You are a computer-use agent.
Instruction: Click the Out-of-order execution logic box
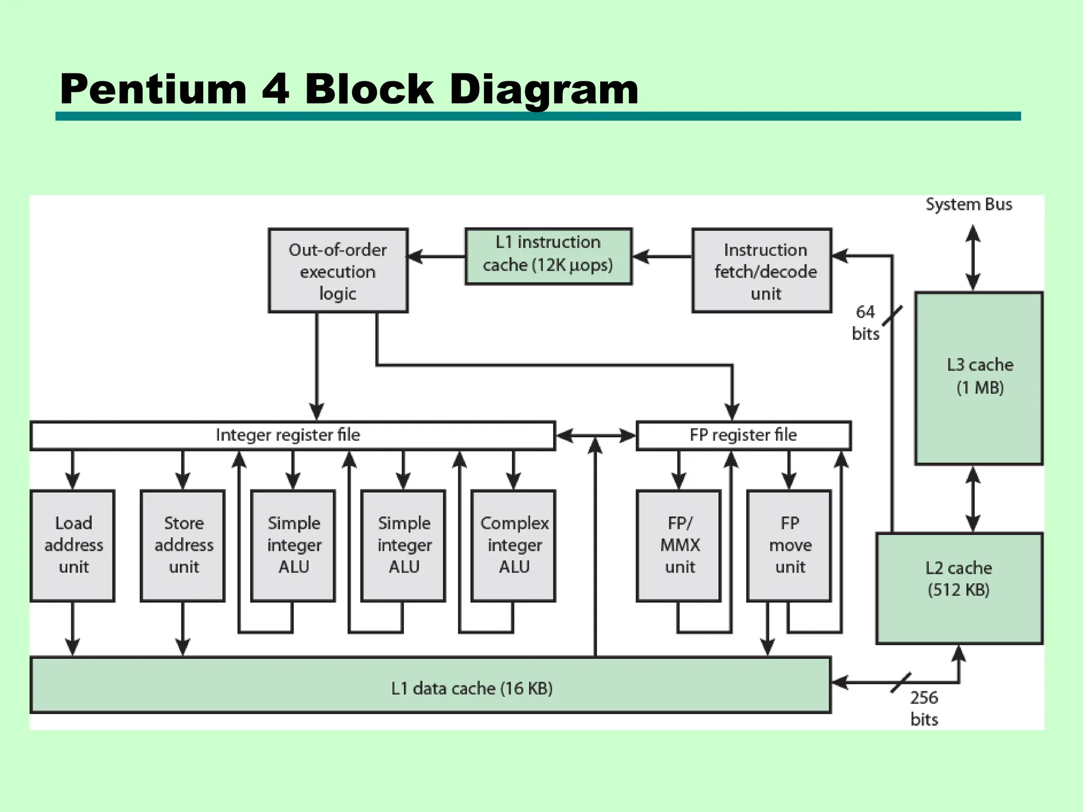337,271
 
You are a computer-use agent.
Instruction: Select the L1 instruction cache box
548,256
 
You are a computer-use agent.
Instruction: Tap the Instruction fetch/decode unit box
761,271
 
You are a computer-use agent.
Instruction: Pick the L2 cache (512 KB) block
959,588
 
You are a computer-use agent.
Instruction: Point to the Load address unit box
73,546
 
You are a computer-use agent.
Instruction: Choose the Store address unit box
183,546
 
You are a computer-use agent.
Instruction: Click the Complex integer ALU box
513,546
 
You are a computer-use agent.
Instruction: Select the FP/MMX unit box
679,546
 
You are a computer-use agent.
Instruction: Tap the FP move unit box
789,546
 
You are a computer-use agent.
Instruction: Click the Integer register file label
288,435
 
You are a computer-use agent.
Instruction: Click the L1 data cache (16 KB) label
472,688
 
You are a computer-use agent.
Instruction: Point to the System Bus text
969,205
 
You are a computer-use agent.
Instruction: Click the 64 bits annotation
865,322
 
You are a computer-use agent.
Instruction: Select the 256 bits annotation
924,708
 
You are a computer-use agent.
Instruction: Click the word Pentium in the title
153,89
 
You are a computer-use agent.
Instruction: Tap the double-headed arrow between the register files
596,436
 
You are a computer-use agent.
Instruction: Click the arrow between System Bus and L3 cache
973,258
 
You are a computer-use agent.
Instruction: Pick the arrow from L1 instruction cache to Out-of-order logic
436,257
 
